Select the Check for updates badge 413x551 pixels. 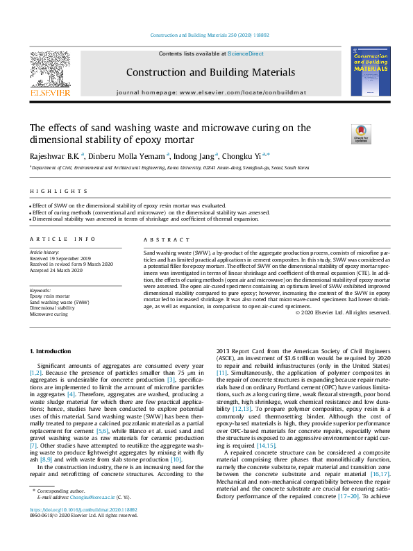(361, 133)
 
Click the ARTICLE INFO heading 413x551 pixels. (62, 239)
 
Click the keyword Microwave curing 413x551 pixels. (49, 314)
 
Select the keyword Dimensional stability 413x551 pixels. (52, 308)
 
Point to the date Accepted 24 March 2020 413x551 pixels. (56, 270)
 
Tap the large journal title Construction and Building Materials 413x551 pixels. (210, 72)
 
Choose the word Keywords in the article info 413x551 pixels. (40, 290)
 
